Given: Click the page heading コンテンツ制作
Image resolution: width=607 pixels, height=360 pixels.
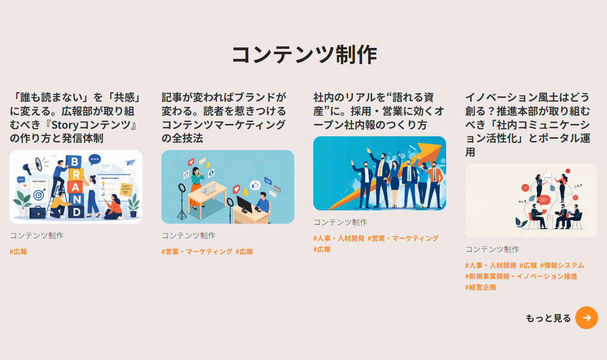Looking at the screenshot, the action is (x=304, y=55).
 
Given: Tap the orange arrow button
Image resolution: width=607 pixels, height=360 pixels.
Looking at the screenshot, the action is (x=587, y=318).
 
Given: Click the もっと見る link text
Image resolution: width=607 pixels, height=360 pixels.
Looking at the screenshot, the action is (x=548, y=318).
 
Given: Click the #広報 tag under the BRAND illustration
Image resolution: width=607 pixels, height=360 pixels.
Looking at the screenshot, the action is (x=18, y=252).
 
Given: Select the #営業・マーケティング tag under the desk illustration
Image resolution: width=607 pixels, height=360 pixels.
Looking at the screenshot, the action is (x=197, y=252).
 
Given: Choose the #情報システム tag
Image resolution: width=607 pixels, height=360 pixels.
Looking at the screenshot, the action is (x=562, y=265).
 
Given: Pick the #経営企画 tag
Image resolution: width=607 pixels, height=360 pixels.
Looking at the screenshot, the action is (x=480, y=287).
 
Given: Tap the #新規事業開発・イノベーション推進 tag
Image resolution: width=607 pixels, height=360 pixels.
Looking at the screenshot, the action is (x=521, y=276).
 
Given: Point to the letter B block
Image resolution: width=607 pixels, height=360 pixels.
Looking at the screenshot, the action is (x=74, y=161).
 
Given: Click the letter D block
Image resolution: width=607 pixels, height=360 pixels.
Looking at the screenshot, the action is (x=76, y=212).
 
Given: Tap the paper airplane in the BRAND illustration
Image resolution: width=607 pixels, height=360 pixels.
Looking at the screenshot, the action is (x=131, y=162).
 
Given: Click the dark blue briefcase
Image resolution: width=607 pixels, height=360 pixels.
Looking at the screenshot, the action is (x=37, y=212).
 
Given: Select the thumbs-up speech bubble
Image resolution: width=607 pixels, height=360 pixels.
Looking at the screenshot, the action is (x=255, y=185).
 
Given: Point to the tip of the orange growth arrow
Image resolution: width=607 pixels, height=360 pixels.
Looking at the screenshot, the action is (x=441, y=144).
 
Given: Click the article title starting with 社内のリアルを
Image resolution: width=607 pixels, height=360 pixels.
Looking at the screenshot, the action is (x=379, y=111).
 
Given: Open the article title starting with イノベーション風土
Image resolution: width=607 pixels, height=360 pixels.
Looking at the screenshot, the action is (x=528, y=125).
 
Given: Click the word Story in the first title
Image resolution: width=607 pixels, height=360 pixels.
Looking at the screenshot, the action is (x=65, y=125).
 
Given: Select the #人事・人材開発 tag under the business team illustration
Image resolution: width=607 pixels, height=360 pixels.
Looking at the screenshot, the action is (x=339, y=238).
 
